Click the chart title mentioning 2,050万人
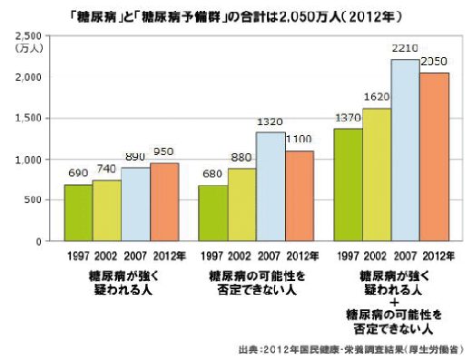[237, 16]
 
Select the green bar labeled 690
[78, 213]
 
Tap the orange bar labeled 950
[165, 202]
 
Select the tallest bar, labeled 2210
[405, 151]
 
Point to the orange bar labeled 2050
[434, 157]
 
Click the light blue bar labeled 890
[136, 205]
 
